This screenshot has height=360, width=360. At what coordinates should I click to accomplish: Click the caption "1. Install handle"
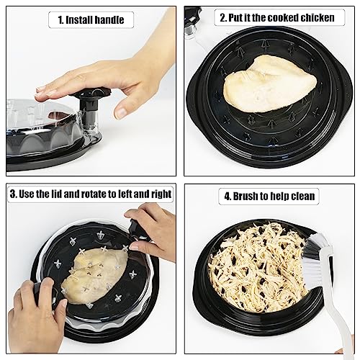[x=90, y=19]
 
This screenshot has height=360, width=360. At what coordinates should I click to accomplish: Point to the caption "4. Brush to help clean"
[x=266, y=195]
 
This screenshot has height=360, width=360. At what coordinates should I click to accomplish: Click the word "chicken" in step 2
[x=316, y=17]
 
